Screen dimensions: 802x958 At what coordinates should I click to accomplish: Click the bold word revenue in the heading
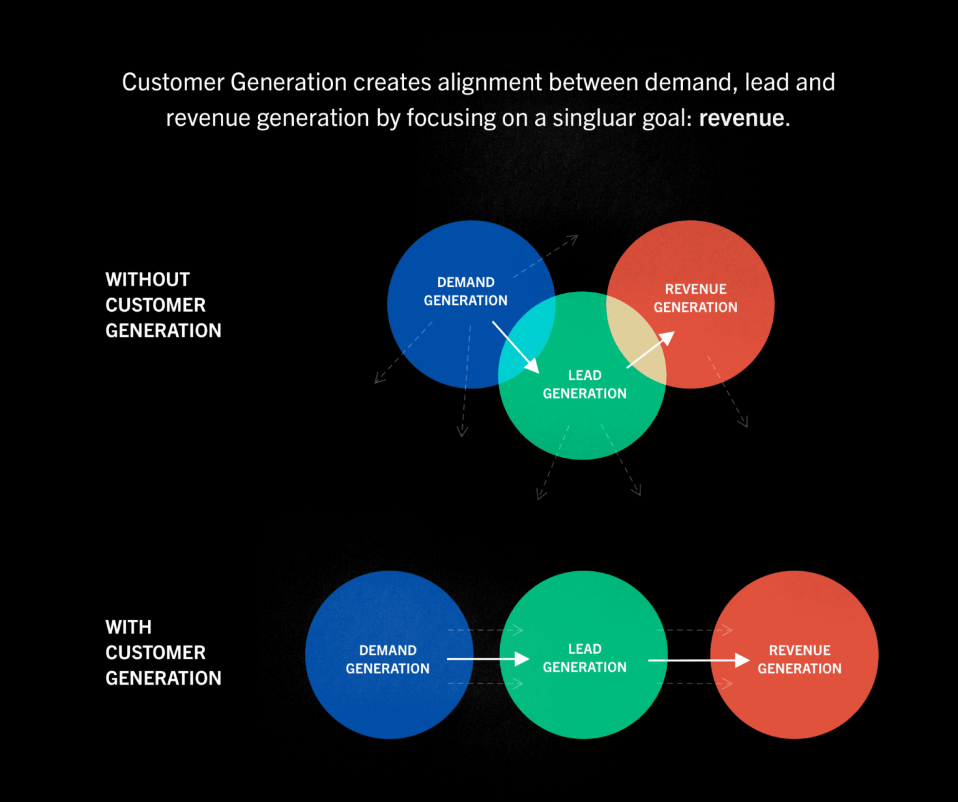(x=742, y=118)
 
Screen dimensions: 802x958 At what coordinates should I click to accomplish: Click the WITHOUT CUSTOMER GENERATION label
(x=163, y=305)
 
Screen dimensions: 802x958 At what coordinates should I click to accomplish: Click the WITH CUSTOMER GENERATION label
(x=163, y=652)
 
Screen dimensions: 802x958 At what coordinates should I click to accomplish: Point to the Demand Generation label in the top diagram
(x=465, y=291)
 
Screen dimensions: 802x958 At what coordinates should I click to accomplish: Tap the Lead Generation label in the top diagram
(x=584, y=384)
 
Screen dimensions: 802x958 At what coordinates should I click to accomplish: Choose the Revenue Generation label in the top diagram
(x=695, y=298)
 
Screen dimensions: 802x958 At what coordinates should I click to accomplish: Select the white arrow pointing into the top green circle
(x=515, y=347)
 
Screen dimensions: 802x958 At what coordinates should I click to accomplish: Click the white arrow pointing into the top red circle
(x=651, y=350)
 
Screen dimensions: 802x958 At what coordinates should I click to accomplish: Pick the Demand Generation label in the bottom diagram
(x=387, y=659)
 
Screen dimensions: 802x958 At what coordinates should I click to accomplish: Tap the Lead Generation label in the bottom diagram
(x=584, y=658)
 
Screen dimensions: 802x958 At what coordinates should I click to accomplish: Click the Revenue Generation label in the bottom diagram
(x=800, y=659)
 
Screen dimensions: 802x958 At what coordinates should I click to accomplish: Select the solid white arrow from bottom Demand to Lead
(x=488, y=659)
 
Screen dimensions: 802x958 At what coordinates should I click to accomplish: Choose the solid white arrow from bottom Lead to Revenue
(x=699, y=660)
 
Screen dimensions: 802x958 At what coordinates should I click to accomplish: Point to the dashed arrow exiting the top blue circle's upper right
(x=546, y=256)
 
